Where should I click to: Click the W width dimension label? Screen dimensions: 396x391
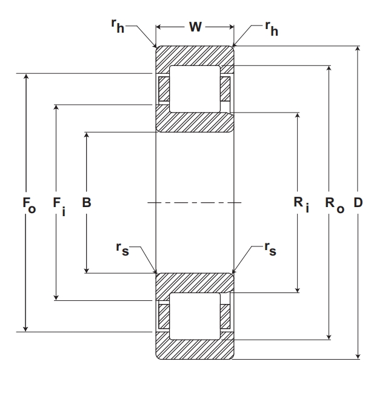(x=195, y=27)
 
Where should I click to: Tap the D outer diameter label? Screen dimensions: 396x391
(x=358, y=202)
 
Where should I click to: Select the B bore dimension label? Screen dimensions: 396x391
(x=87, y=202)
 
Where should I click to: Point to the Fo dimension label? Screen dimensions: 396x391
(x=28, y=204)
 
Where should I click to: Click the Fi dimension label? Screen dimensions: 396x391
(x=58, y=204)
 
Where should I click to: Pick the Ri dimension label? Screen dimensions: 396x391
(x=300, y=204)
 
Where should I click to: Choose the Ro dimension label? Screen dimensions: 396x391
(x=333, y=204)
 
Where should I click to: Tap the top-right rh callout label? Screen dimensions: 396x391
(x=271, y=28)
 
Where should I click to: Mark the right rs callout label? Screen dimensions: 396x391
(x=270, y=248)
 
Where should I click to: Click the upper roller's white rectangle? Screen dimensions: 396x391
(x=195, y=88)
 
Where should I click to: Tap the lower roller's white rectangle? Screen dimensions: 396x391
(x=195, y=316)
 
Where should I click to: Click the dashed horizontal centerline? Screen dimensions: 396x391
(x=195, y=202)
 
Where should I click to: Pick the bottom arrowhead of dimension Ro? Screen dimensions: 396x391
(x=329, y=335)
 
